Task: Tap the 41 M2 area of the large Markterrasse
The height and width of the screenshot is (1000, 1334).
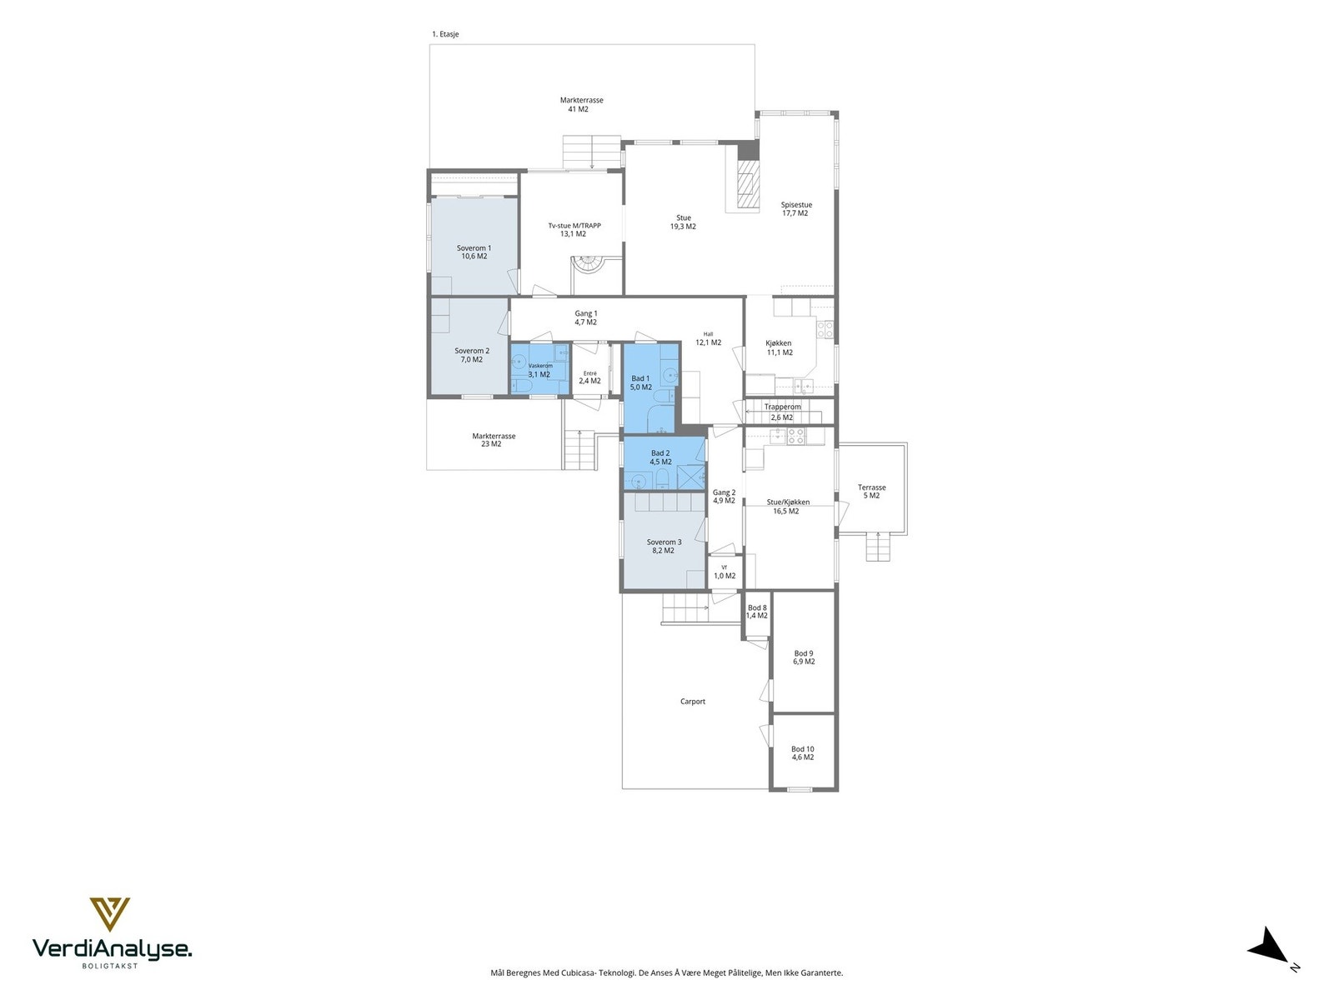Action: tap(578, 109)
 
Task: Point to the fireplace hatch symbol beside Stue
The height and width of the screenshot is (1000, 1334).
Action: tap(747, 184)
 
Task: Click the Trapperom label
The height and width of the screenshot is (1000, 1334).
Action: tap(782, 407)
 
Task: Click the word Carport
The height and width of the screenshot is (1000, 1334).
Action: tap(692, 702)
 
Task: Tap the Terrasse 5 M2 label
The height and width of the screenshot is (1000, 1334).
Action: tap(871, 491)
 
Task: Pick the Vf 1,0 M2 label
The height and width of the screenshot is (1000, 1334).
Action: tap(724, 572)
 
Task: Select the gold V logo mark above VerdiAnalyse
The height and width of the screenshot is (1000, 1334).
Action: tap(109, 914)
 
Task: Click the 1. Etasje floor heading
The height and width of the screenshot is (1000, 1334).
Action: tap(445, 34)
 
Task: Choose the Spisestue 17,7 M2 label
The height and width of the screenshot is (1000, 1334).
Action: tap(795, 209)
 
